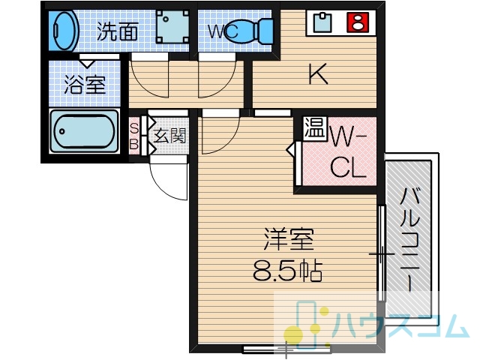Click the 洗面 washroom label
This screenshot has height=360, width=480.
click(117, 31)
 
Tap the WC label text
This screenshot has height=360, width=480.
click(223, 31)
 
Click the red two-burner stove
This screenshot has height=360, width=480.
click(357, 22)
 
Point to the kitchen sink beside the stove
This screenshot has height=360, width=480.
click(322, 22)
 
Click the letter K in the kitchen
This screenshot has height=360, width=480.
click(318, 73)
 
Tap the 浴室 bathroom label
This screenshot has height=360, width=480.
click(85, 84)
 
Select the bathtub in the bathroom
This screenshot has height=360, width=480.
click(84, 131)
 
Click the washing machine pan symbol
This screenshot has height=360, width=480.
click(172, 27)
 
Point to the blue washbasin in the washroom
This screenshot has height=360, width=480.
click(64, 30)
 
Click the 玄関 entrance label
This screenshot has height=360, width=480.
click(169, 135)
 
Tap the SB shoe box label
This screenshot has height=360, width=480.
click(133, 136)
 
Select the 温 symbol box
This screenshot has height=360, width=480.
click(315, 128)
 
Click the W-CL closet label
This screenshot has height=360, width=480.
click(348, 155)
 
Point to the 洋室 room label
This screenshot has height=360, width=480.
click(288, 239)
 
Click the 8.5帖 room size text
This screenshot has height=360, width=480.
click(288, 271)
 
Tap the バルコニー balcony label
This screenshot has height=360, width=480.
click(409, 239)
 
